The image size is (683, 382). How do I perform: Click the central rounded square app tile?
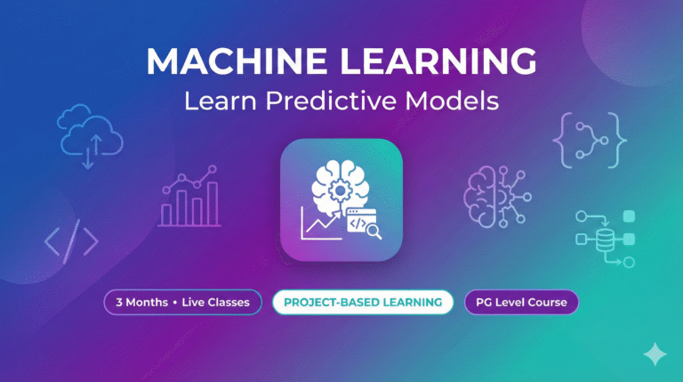341,199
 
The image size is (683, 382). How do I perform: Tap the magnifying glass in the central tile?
372,232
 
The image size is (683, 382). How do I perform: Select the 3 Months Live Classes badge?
183,303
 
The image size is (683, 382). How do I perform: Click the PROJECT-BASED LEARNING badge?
363,303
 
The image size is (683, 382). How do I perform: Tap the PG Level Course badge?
521,303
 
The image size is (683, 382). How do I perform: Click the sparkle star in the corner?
655,354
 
